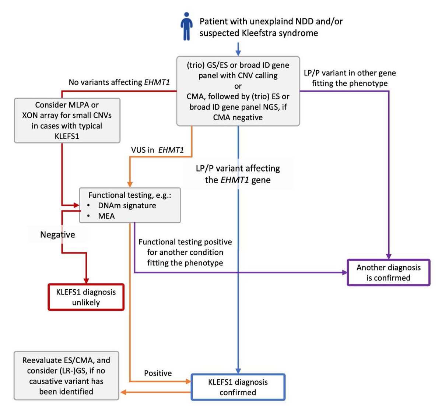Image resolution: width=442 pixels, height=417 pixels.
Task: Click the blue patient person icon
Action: [187, 26]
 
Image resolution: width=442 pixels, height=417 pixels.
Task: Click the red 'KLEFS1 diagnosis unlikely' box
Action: [86, 297]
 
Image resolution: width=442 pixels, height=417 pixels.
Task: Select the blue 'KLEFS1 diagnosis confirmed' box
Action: [238, 387]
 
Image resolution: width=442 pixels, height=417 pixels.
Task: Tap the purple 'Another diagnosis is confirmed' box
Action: [388, 272]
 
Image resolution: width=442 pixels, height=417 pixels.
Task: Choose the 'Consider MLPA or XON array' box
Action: [67, 120]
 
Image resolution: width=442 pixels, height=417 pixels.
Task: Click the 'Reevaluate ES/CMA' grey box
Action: [66, 376]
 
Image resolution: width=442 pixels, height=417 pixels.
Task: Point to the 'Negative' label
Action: [57, 235]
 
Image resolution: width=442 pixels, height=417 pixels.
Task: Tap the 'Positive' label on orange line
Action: [158, 373]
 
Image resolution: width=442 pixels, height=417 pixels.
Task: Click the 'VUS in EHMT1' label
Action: [157, 150]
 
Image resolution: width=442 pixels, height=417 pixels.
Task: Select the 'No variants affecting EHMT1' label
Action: [119, 82]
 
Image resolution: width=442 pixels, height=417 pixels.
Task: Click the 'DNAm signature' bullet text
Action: [127, 206]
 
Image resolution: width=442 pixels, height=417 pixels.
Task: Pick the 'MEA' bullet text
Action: [106, 216]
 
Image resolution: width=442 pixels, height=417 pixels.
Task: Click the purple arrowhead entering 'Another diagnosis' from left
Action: [345, 273]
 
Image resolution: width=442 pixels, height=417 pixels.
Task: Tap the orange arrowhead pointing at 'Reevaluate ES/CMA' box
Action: [123, 392]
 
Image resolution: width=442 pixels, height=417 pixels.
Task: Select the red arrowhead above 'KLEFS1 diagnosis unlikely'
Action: [86, 281]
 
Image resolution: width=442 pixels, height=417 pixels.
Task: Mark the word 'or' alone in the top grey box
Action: [238, 86]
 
